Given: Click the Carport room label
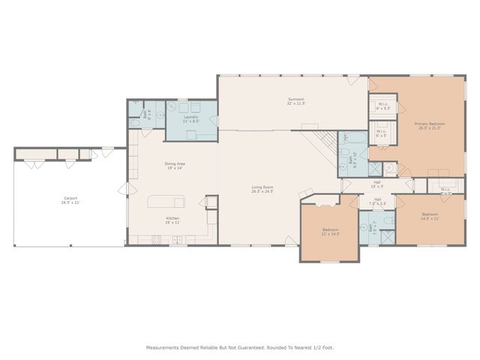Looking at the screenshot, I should click(x=70, y=200).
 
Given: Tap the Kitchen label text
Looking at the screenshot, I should click(x=172, y=220).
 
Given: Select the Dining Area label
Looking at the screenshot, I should click(x=174, y=166).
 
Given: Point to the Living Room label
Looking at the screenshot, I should click(x=262, y=189).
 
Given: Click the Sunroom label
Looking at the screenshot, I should click(x=295, y=101).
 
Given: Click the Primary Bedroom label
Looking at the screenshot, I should click(x=430, y=125).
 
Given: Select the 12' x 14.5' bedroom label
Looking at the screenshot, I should click(x=331, y=232).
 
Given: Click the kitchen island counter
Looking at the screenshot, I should click(x=166, y=201).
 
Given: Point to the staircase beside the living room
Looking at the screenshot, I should click(x=324, y=140).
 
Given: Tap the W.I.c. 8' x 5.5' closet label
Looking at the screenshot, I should click(x=382, y=106).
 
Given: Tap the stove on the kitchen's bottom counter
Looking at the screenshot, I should click(x=157, y=240).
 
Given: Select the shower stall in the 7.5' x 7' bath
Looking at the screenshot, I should click(x=387, y=236).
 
